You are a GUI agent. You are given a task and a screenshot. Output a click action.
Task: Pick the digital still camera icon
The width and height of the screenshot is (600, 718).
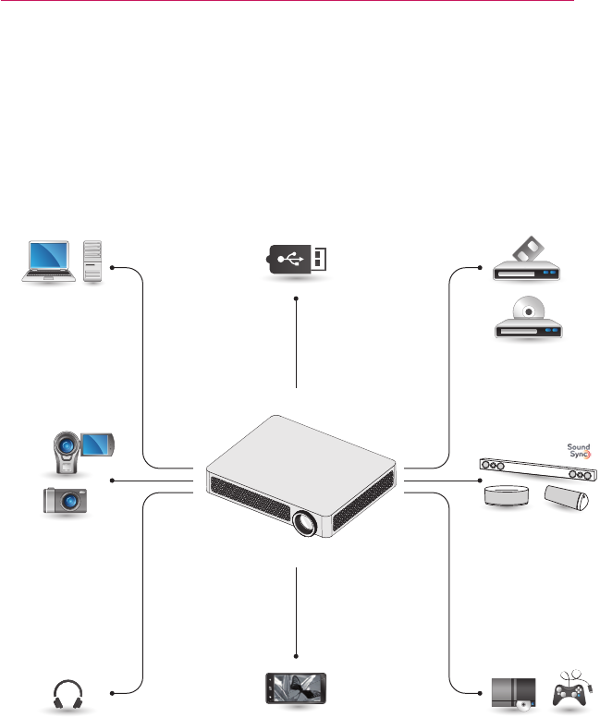(x=65, y=500)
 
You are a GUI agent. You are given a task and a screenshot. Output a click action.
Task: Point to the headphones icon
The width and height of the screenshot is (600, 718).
(x=69, y=694)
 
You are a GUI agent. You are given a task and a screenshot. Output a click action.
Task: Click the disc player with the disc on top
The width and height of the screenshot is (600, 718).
(x=526, y=320)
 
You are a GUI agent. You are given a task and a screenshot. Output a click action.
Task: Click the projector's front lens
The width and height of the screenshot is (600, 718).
(x=304, y=523)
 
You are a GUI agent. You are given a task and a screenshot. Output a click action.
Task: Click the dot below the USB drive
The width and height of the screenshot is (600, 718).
(x=296, y=298)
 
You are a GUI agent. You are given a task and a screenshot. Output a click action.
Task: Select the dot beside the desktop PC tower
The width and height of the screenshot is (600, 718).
(x=113, y=268)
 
